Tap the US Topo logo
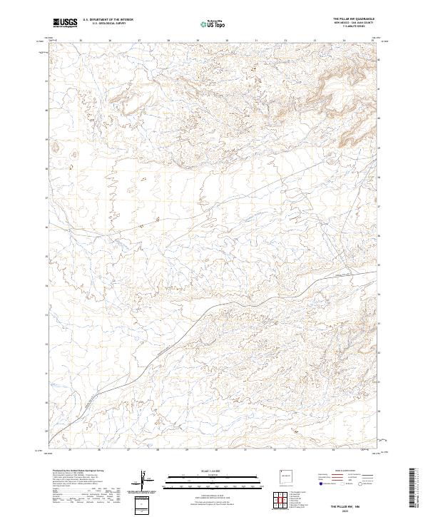tap(213, 24)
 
